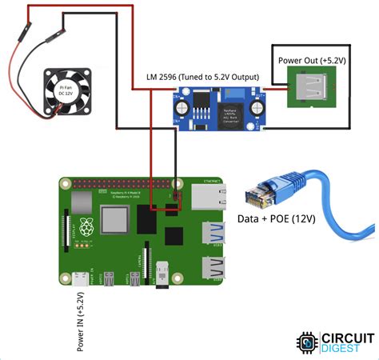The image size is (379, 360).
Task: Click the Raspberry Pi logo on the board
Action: pos(87,226)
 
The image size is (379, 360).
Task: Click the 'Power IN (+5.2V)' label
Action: pos(80,321)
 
